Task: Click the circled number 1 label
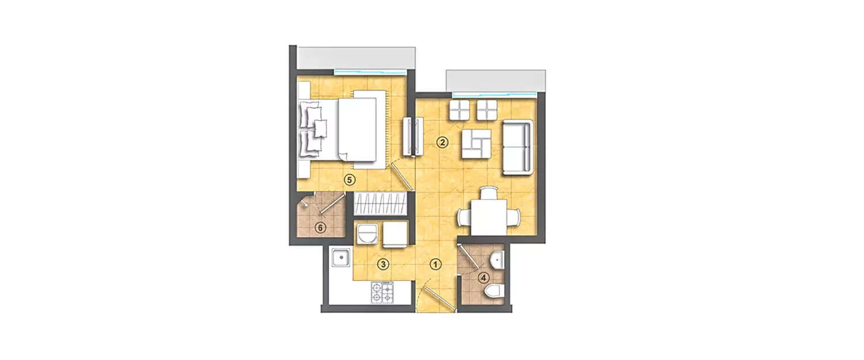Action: [436, 264]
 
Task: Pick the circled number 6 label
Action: [321, 227]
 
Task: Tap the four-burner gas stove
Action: [383, 293]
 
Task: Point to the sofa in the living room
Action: [517, 147]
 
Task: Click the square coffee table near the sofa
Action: [476, 144]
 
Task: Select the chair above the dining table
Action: [488, 194]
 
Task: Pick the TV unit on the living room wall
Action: [414, 136]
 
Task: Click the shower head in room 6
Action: [304, 203]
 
